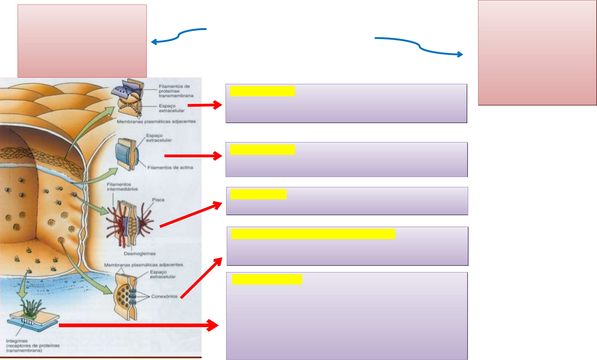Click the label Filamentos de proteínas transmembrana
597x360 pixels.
pos(176,91)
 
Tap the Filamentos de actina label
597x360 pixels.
pos(170,168)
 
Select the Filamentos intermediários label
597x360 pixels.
pos(122,187)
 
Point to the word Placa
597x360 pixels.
pos(158,200)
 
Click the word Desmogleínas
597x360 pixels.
pos(139,254)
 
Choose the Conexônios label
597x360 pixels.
pos(164,296)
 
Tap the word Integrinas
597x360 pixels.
pos(17,341)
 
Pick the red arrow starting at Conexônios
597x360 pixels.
pos(201,278)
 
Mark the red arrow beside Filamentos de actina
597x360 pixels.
pos(193,156)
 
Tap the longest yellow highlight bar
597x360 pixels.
pos(313,234)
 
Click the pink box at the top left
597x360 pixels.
pos(82,41)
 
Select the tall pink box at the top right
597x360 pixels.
pos(537,53)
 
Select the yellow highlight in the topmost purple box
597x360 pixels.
pos(263,91)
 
